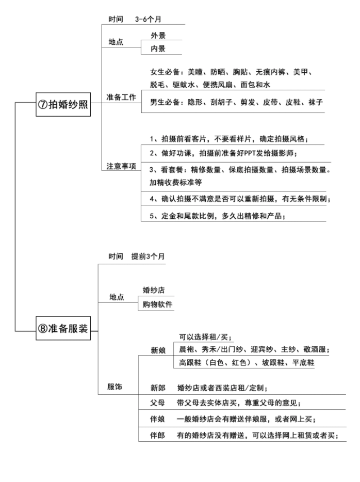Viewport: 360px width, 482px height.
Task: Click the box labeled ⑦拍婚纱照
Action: [x=63, y=104]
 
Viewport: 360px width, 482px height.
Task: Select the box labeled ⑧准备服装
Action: [x=63, y=328]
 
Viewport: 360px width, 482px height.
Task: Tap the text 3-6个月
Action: [x=148, y=19]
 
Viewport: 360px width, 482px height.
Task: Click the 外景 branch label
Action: [x=158, y=36]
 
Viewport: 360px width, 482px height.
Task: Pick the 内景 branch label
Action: [x=158, y=49]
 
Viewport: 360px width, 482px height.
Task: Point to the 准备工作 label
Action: [x=121, y=97]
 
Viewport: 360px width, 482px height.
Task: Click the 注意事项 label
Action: [x=121, y=166]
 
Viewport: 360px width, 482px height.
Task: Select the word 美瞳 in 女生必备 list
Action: [x=195, y=72]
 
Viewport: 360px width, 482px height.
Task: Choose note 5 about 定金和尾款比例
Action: [x=218, y=216]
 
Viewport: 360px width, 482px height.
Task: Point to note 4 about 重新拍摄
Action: [x=240, y=199]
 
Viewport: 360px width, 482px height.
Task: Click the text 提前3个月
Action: [x=148, y=256]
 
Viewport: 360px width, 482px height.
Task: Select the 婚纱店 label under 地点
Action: [x=154, y=290]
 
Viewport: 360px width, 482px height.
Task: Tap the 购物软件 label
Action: [x=157, y=304]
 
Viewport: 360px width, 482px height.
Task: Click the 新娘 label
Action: [x=158, y=350]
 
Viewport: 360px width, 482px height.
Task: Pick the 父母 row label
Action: [x=158, y=403]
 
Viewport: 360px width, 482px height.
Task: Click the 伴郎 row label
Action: [x=158, y=435]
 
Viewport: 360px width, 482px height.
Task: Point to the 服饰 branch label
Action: [x=114, y=387]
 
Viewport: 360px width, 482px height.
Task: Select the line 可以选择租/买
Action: [x=205, y=337]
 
